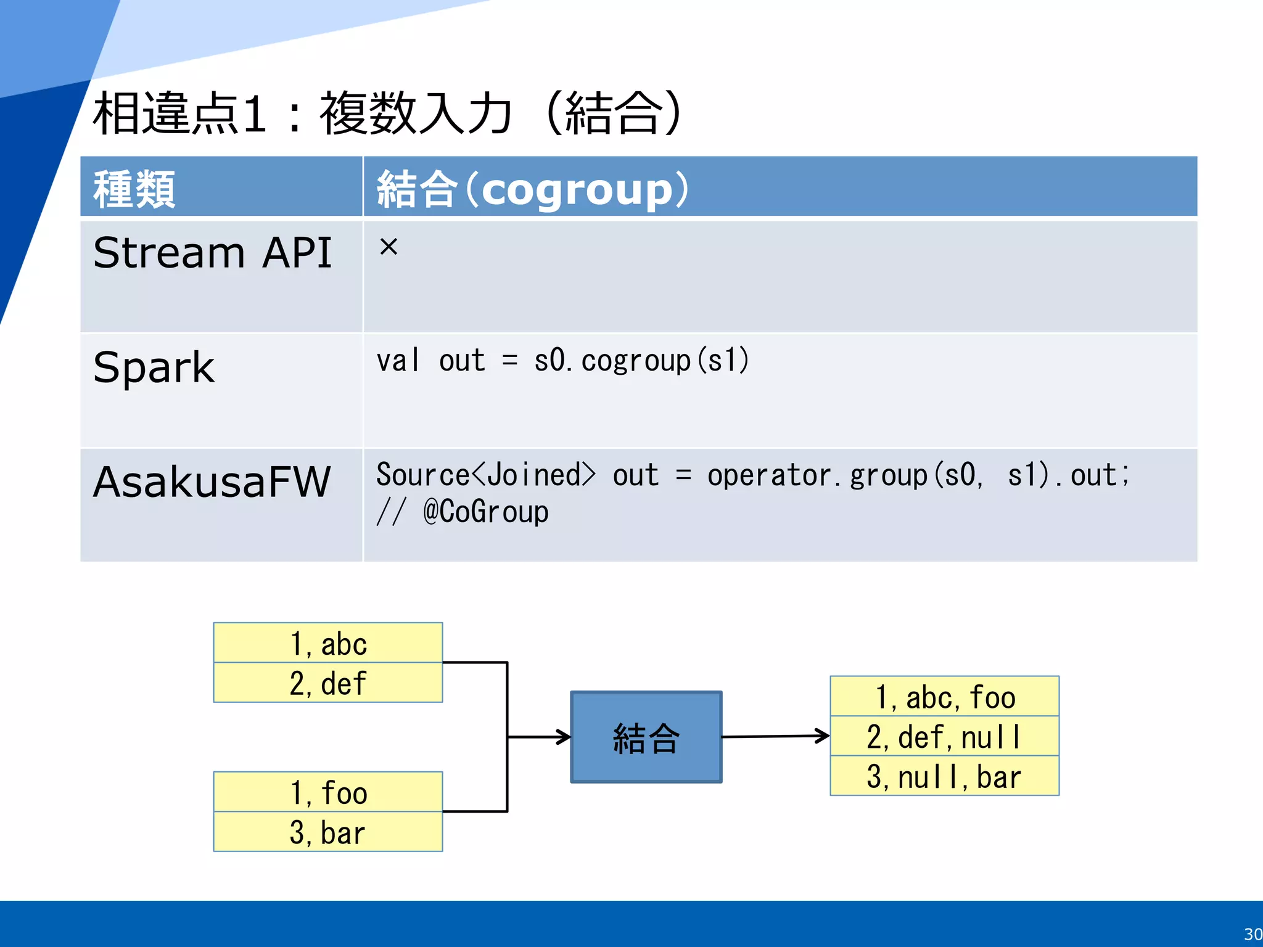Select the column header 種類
[x=134, y=189]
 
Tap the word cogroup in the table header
[x=576, y=189]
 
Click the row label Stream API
[x=213, y=253]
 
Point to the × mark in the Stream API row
[x=389, y=247]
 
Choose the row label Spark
[x=154, y=367]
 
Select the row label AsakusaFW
[x=212, y=482]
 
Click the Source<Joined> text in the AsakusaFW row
[x=486, y=475]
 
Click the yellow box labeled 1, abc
[x=328, y=643]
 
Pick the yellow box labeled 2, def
[x=328, y=683]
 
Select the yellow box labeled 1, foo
[x=328, y=792]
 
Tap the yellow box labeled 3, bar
[x=328, y=832]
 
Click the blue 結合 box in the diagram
[x=646, y=737]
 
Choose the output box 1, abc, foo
[x=944, y=697]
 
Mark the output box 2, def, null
[x=944, y=737]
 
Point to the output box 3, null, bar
[x=944, y=776]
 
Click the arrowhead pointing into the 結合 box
[x=564, y=737]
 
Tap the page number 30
[x=1252, y=934]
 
